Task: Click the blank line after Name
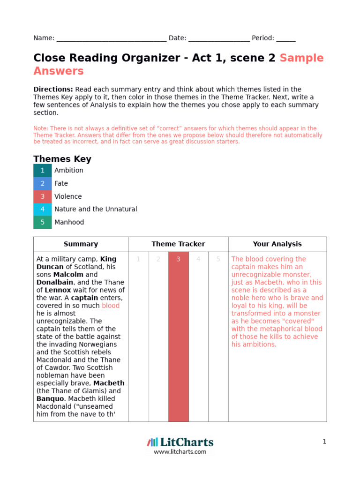pyautogui.click(x=111, y=39)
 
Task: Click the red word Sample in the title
pyautogui.click(x=301, y=58)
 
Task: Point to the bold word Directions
pyautogui.click(x=53, y=90)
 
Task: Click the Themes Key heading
pyautogui.click(x=62, y=159)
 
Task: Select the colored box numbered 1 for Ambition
pyautogui.click(x=43, y=171)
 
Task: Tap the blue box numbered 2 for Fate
pyautogui.click(x=43, y=184)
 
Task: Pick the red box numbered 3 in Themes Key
pyautogui.click(x=43, y=196)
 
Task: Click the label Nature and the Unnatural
pyautogui.click(x=96, y=210)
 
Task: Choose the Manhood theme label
pyautogui.click(x=69, y=222)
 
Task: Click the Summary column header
pyautogui.click(x=81, y=244)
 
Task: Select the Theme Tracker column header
pyautogui.click(x=178, y=244)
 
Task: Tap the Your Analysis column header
pyautogui.click(x=277, y=244)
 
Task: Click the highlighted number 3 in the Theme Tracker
pyautogui.click(x=178, y=259)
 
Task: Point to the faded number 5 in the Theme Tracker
pyautogui.click(x=218, y=259)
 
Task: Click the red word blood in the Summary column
pyautogui.click(x=111, y=306)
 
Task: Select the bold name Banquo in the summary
pyautogui.click(x=50, y=399)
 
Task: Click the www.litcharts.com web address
pyautogui.click(x=180, y=452)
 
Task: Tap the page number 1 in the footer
pyautogui.click(x=324, y=442)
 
